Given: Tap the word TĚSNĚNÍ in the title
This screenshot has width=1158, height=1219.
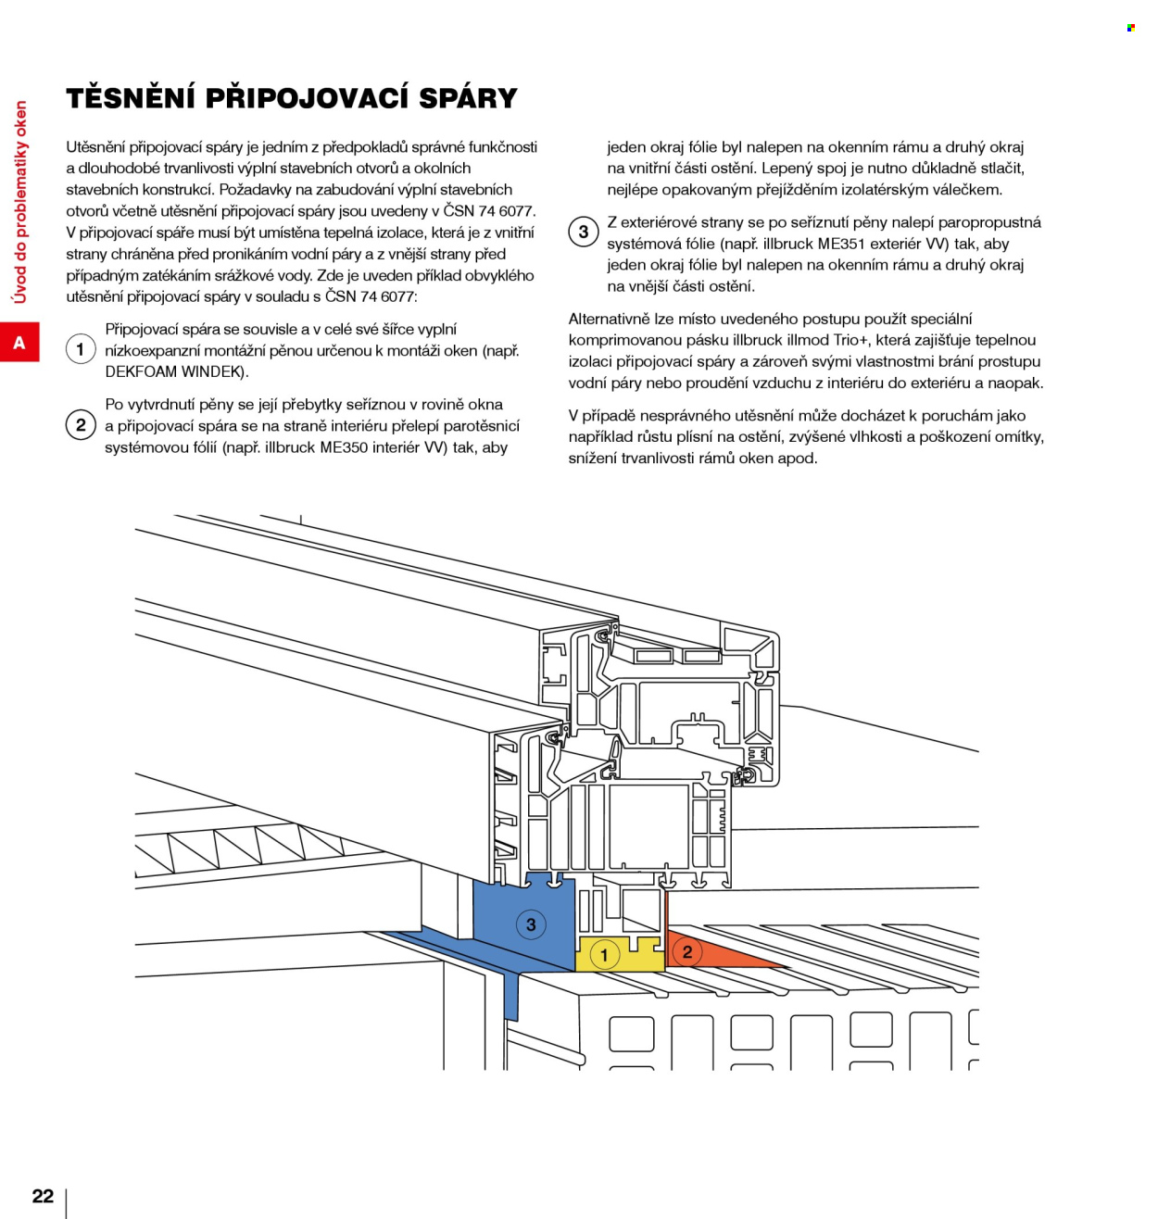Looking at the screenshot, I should click(130, 98).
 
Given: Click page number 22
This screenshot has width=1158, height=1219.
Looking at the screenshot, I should click(43, 1196).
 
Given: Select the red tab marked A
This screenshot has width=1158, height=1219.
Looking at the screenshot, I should click(19, 343).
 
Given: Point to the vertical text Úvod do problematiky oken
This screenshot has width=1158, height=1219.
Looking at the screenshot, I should click(20, 202).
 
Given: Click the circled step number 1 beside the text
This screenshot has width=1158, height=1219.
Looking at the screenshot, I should click(81, 349).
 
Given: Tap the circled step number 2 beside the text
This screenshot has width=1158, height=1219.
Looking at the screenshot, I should click(81, 425).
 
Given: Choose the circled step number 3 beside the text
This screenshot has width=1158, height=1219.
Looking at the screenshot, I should click(583, 232).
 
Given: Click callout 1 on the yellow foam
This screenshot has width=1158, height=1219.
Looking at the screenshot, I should click(605, 955).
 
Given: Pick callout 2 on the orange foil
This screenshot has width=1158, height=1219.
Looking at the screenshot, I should click(687, 951).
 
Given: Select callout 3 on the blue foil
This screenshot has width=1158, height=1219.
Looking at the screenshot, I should click(531, 924).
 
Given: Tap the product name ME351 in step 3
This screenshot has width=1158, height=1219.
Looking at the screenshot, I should click(840, 244).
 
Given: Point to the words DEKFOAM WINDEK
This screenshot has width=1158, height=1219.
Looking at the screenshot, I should click(175, 371).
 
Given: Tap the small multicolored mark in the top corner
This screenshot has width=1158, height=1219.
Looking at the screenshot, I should click(1131, 28).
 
